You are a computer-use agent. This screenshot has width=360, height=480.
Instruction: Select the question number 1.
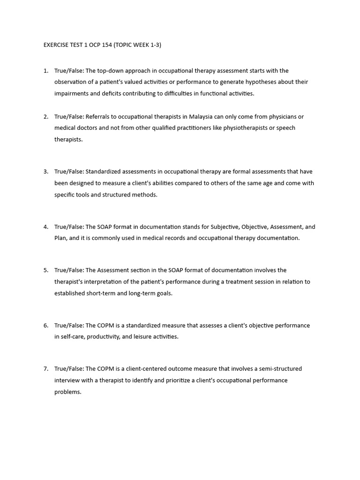click(x=45, y=71)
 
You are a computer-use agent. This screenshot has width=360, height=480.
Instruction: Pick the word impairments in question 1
click(x=71, y=93)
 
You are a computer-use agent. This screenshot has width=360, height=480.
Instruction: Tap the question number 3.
click(x=45, y=172)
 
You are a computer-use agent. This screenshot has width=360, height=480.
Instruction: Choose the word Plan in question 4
click(x=60, y=238)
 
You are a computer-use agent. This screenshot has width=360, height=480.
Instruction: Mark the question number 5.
click(x=45, y=270)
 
